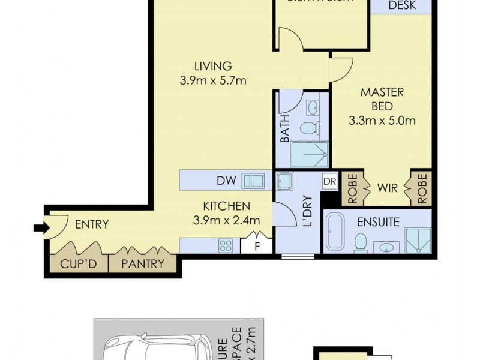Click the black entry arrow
tap(40, 227)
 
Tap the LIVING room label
tap(212, 66)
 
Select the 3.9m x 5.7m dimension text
tap(213, 80)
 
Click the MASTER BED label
tap(382, 100)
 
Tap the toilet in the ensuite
tap(361, 243)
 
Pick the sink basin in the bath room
tap(313, 108)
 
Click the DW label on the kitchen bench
tap(226, 180)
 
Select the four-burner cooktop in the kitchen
tap(226, 245)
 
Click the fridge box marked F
tap(257, 245)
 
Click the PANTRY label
tap(143, 263)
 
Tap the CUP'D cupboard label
tap(76, 263)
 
